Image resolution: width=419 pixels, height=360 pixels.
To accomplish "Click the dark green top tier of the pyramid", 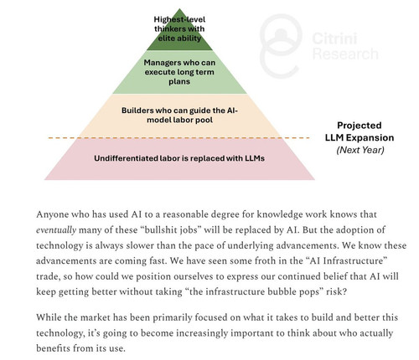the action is [x=179, y=35].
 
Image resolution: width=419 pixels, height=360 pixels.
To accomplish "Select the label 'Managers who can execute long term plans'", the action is [x=179, y=72].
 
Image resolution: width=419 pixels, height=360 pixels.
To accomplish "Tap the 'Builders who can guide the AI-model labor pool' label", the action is [x=179, y=115].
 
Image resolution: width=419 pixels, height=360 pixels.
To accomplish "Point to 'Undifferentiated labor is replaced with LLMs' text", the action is [x=179, y=158].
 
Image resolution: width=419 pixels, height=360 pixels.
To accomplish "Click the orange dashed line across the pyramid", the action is [x=178, y=138].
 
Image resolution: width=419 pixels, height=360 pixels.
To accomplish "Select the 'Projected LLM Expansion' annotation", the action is [x=360, y=131].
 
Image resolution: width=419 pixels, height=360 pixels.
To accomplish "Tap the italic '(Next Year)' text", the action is [x=360, y=150].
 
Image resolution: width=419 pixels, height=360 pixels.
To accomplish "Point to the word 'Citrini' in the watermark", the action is [x=334, y=39].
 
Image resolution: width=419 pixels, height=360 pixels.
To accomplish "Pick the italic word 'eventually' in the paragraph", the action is [x=56, y=230].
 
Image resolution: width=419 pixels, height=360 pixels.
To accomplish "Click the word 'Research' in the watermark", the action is [x=345, y=54].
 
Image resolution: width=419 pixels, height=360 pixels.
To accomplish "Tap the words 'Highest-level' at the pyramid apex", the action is [x=179, y=19].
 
